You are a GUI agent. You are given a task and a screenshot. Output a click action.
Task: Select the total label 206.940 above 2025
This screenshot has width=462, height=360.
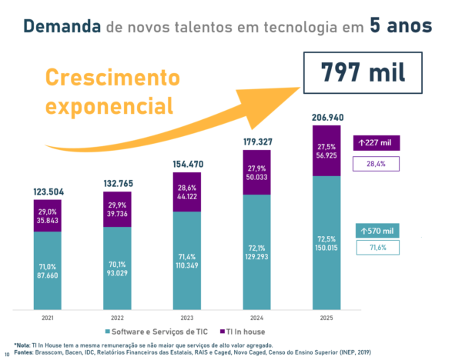(326, 118)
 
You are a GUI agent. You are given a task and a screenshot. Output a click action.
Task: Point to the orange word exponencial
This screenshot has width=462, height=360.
(112, 104)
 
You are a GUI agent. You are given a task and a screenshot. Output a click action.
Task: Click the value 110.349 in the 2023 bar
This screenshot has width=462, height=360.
(188, 265)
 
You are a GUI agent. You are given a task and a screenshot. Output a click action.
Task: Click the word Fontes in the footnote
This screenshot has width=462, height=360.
(24, 352)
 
